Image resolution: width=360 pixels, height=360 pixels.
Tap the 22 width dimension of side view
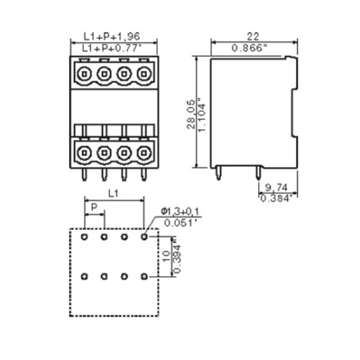253,36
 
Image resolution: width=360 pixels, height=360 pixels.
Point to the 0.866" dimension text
253,48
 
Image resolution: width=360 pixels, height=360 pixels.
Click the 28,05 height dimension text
191,114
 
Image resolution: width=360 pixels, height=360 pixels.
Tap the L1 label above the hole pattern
114,193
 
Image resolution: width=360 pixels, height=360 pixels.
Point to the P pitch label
94,207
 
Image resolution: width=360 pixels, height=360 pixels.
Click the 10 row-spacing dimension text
166,256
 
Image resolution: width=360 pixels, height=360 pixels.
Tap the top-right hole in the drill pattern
144,236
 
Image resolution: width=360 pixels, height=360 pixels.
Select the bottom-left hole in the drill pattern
84,276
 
